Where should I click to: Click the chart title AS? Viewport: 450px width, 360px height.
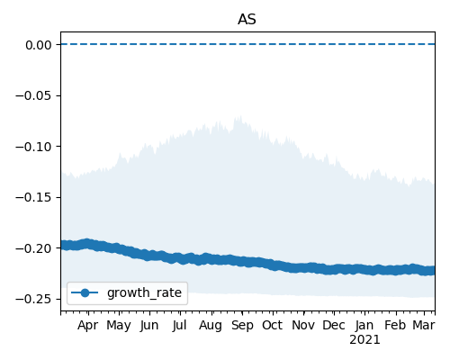pos(247,20)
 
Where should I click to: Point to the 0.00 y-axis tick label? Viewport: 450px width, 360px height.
pos(39,45)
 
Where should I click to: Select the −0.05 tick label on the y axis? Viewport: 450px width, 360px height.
pos(33,96)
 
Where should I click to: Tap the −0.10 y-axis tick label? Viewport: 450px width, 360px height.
pos(33,147)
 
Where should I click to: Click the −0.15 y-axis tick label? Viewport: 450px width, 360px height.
pos(33,197)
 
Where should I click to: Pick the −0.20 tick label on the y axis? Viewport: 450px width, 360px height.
pos(33,248)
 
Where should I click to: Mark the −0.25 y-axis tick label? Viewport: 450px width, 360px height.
pos(33,299)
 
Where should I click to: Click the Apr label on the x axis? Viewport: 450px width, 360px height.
pos(87,326)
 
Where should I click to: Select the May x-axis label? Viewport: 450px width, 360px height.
pos(119,326)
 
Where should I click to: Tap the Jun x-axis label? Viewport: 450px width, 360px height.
pos(149,326)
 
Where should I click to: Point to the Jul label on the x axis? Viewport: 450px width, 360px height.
pos(179,326)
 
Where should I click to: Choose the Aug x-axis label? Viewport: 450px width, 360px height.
pos(211,326)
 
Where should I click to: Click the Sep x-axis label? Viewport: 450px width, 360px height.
pos(242,326)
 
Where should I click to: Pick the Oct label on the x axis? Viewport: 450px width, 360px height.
pos(272,325)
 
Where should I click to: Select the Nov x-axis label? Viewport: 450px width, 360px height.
pos(303,325)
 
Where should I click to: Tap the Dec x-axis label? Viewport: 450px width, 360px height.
pos(334,325)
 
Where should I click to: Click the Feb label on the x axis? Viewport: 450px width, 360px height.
pos(395,325)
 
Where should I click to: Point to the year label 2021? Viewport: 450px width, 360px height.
pos(364,340)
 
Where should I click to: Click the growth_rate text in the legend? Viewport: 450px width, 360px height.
pos(144,292)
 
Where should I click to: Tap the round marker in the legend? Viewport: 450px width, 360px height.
pos(85,292)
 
